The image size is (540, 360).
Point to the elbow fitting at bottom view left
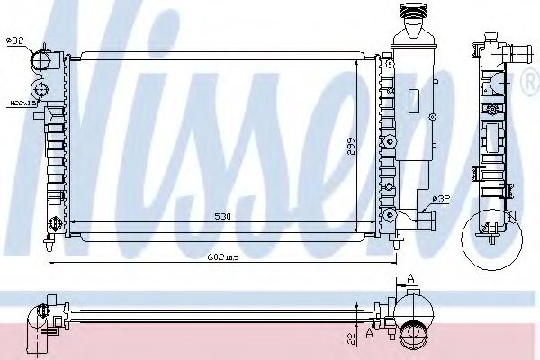coord(40,320)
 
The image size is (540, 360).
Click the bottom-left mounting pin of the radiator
coord(47,244)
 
